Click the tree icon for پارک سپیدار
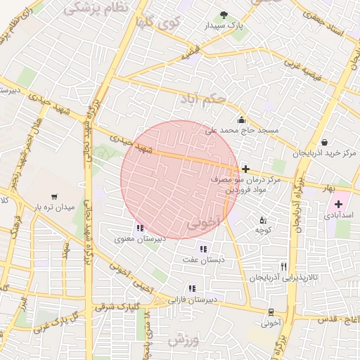[224, 15]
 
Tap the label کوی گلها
[159, 22]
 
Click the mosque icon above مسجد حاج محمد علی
[241, 119]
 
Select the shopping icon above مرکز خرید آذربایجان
[323, 141]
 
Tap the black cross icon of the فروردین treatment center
[245, 169]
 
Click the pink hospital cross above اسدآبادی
[338, 204]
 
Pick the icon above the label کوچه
[263, 219]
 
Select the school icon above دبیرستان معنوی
[140, 227]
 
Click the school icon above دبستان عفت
[203, 248]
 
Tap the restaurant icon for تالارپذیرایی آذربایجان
[283, 266]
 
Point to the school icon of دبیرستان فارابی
[191, 288]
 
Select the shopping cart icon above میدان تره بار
[55, 196]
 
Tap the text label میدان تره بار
[55, 207]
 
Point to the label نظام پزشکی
[96, 8]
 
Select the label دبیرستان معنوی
[141, 239]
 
